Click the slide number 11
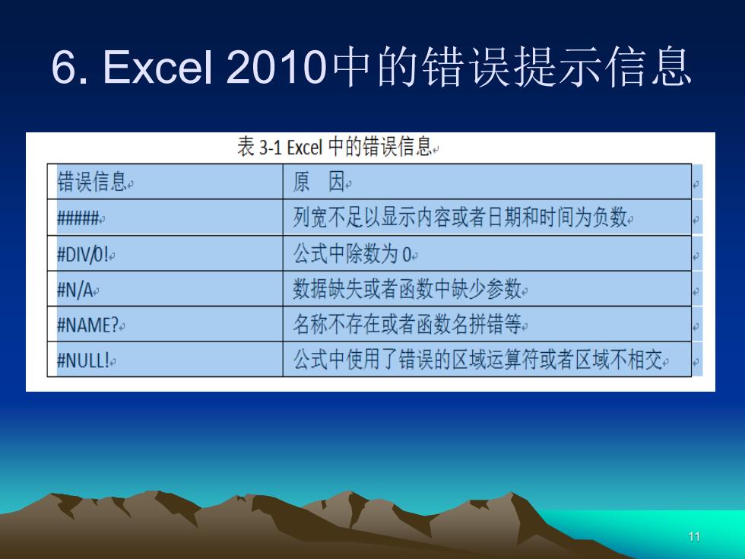coord(694,537)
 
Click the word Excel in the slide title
coord(157,67)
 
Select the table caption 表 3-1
coord(259,146)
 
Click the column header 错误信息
coord(92,182)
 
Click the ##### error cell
coord(78,218)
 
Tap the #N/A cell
coord(74,290)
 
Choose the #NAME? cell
coord(87,326)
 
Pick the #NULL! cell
coord(83,360)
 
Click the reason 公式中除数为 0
coord(352,254)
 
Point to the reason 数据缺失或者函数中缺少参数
coord(407,289)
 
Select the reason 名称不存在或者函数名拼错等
coord(407,325)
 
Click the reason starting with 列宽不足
coord(460,218)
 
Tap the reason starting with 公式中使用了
coord(477,359)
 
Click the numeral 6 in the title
coord(63,67)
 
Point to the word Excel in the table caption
coord(305,147)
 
